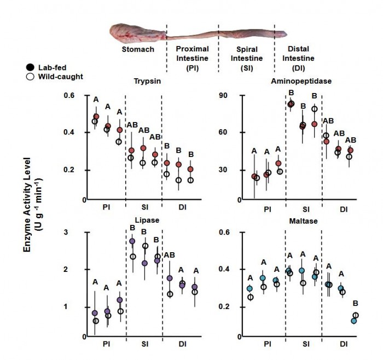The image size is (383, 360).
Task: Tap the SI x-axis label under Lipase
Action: point(144,346)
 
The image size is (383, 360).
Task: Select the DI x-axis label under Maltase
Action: point(343,346)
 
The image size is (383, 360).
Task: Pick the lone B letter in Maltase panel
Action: point(355,302)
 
